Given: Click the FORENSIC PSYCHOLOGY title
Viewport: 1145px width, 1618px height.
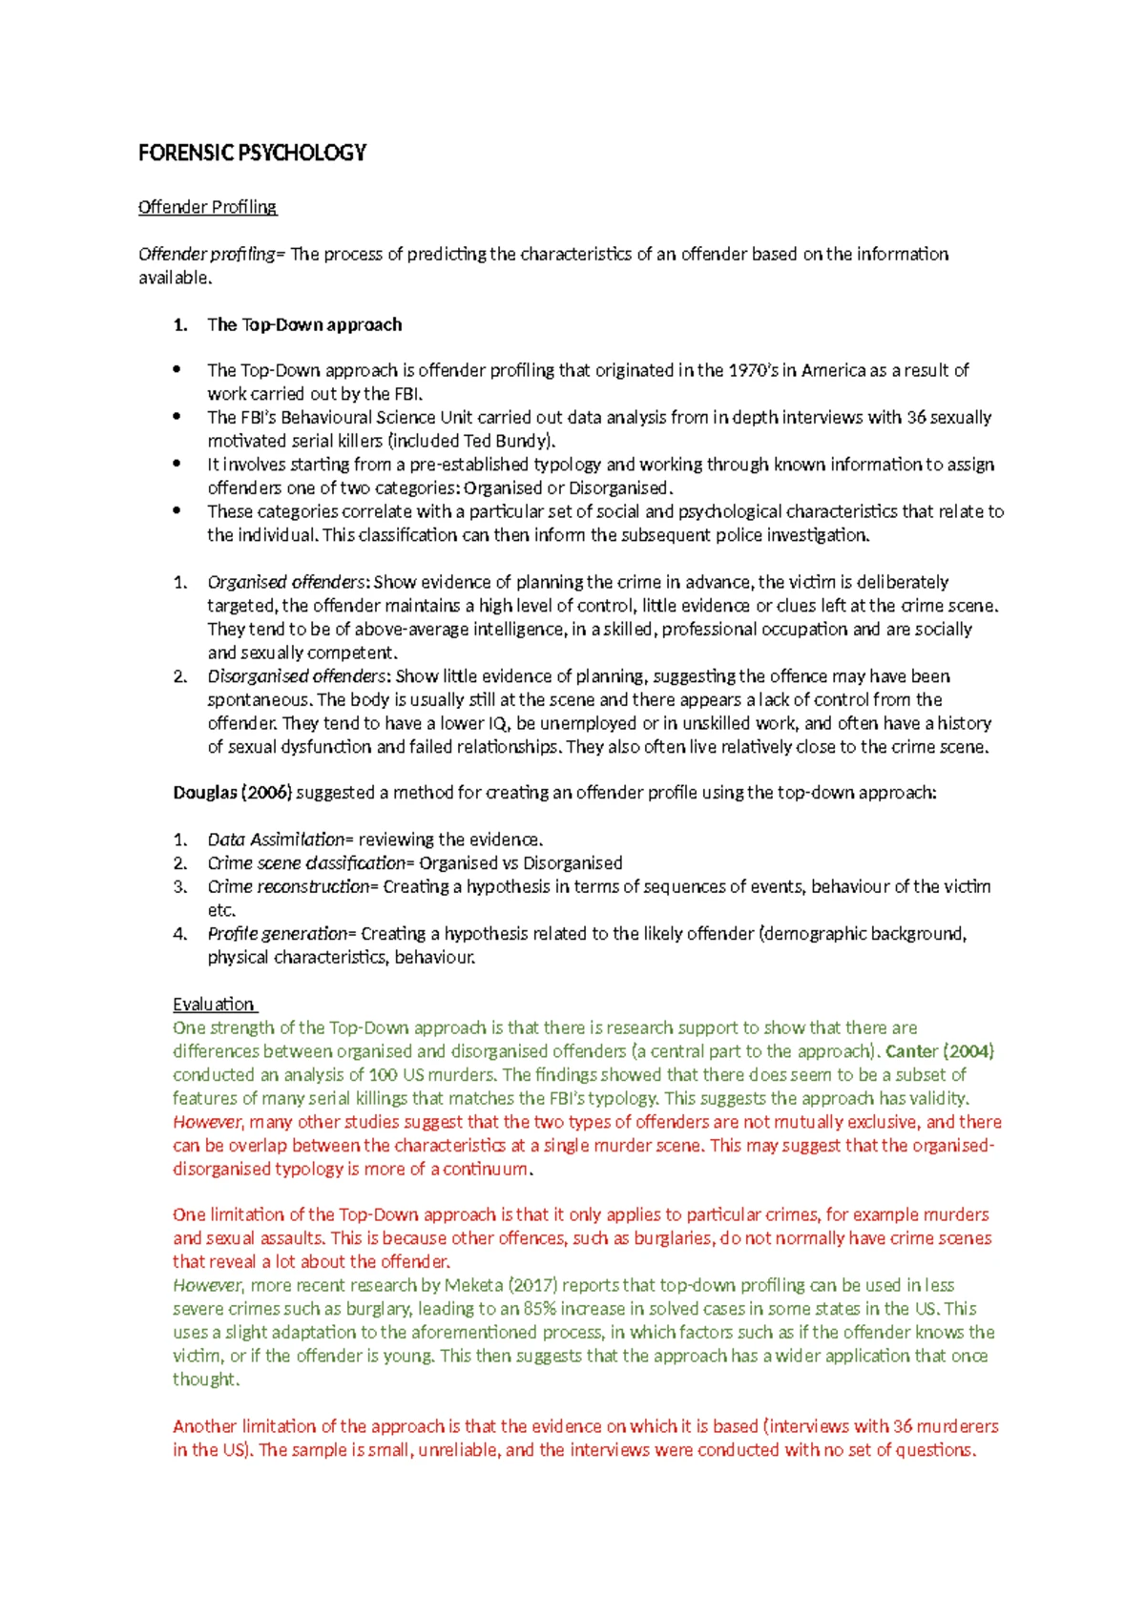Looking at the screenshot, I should [252, 153].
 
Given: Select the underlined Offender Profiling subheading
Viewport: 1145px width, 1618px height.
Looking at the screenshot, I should [207, 207].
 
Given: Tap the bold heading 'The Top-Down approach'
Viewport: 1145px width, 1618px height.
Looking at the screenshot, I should [304, 324].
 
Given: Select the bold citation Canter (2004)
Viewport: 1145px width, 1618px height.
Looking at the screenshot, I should [940, 1051].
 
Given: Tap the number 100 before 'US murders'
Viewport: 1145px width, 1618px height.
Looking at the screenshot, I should [383, 1075].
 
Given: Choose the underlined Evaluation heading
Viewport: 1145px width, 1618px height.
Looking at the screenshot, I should [214, 1005].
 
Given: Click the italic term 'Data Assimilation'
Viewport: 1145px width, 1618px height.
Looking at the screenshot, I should [276, 840].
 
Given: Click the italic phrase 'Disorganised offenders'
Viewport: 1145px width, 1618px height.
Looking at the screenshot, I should [297, 676].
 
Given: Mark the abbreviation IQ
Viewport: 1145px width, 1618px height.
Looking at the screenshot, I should [499, 723].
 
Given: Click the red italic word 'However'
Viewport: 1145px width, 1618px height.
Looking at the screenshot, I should [208, 1122].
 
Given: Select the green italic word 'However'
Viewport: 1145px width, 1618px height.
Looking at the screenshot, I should [208, 1285].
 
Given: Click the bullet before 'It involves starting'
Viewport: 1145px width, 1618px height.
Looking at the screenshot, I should [177, 464].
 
